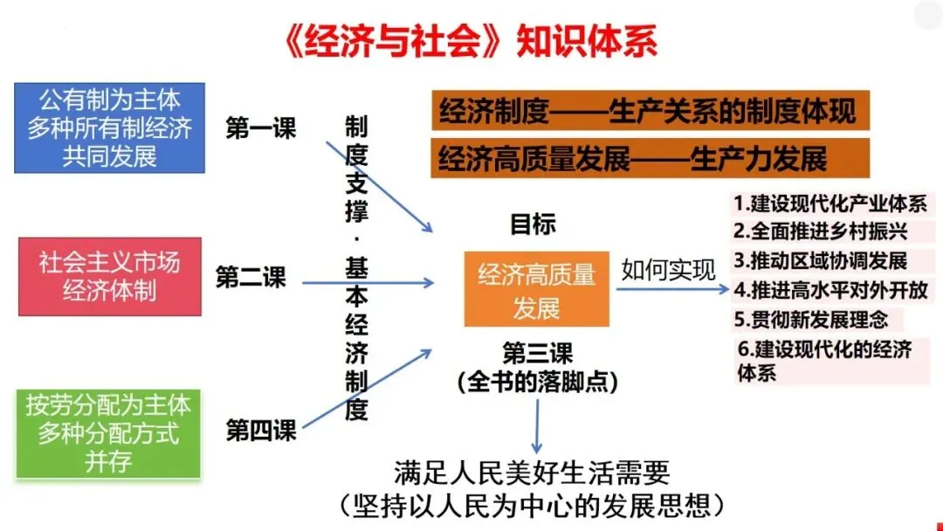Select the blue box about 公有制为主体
(109, 128)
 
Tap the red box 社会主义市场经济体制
(109, 276)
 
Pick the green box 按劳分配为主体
(108, 432)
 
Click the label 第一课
(261, 128)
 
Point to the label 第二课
(251, 278)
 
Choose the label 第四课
(261, 430)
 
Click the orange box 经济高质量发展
(536, 290)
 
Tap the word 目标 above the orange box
(533, 224)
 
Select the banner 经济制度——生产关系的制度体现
(647, 112)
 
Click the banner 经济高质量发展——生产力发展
(633, 160)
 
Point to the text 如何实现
(668, 269)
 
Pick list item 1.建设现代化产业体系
(830, 204)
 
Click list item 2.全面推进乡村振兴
(820, 232)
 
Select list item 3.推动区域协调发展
(820, 260)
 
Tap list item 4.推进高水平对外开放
(830, 289)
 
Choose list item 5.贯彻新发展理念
(809, 318)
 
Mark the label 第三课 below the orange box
(537, 354)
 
